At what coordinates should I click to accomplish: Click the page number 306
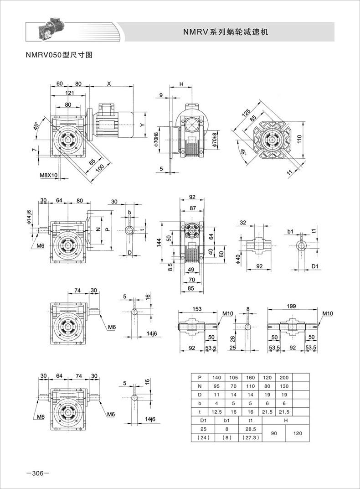click(x=38, y=473)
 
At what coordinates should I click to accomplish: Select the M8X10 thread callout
click(x=49, y=175)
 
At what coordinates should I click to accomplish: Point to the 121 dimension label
click(x=70, y=93)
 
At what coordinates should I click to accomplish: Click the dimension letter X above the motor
click(x=109, y=83)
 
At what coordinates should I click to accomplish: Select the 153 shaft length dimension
click(x=197, y=309)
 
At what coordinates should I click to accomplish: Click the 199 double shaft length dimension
click(x=291, y=306)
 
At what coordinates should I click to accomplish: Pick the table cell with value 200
click(x=284, y=377)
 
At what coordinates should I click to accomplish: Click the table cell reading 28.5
click(x=250, y=429)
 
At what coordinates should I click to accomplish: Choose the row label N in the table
click(x=200, y=386)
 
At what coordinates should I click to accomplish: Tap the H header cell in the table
click(x=286, y=421)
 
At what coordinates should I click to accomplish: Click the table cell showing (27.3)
click(x=250, y=437)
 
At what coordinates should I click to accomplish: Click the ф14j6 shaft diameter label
click(x=29, y=217)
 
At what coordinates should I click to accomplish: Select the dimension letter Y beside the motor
click(x=142, y=125)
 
